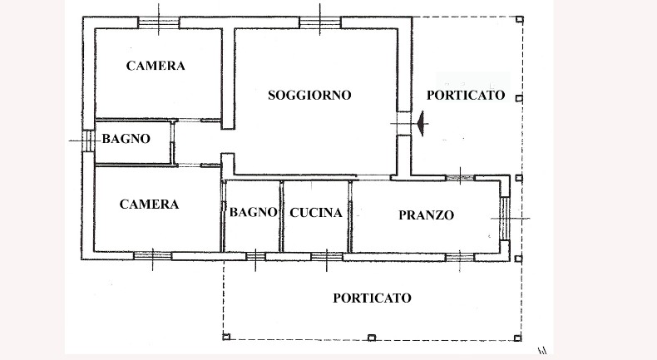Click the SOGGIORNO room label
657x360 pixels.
[309, 95]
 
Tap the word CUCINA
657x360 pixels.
[316, 213]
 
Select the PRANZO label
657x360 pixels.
[426, 215]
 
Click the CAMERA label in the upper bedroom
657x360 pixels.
[156, 66]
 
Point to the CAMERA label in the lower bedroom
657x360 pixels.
[149, 204]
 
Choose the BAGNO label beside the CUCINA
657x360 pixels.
[253, 212]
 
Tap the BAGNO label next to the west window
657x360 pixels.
[126, 139]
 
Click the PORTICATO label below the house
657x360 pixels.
[372, 298]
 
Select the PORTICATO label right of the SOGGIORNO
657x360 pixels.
[466, 95]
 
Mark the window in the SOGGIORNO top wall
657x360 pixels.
[320, 22]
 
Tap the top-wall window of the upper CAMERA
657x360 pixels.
[159, 22]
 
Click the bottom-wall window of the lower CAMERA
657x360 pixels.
[152, 255]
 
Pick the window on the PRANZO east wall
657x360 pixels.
[505, 218]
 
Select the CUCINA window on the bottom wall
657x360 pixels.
[327, 256]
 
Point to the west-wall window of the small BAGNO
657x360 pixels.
[88, 141]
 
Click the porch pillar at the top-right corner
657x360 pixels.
[520, 19]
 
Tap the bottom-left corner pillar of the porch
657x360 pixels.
[226, 336]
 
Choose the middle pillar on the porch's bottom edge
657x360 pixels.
[371, 338]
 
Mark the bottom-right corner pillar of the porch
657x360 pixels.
[518, 338]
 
